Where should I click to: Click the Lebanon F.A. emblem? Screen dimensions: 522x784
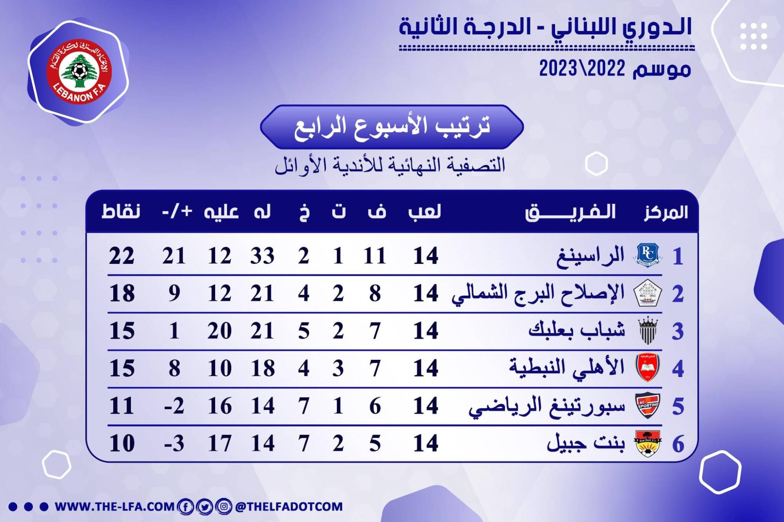(x=79, y=72)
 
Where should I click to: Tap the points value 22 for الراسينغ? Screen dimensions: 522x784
(x=122, y=256)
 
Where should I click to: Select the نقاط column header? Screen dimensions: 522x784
(x=121, y=211)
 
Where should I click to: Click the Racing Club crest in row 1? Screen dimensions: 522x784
(x=648, y=255)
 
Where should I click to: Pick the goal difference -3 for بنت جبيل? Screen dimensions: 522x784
(x=174, y=443)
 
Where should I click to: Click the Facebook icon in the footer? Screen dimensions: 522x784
(x=185, y=507)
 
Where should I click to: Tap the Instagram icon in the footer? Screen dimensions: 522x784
(x=223, y=507)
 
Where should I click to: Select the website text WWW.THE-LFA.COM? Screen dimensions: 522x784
(x=114, y=507)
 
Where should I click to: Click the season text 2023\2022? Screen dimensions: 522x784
(x=582, y=69)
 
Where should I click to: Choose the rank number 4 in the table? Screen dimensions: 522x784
(x=678, y=368)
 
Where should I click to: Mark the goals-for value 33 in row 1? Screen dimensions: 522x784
(x=262, y=256)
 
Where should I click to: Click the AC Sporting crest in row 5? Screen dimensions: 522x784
(x=648, y=405)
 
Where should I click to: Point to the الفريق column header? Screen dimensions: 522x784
(x=570, y=212)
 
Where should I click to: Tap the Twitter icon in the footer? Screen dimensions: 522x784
(x=204, y=507)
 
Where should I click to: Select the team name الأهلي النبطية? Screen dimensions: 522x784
(x=566, y=368)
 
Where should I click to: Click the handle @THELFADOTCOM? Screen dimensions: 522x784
(x=289, y=507)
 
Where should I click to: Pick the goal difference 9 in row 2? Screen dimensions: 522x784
(x=174, y=293)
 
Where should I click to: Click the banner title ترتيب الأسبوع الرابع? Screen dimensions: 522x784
(x=392, y=126)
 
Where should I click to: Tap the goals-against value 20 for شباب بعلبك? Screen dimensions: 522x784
(x=220, y=331)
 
